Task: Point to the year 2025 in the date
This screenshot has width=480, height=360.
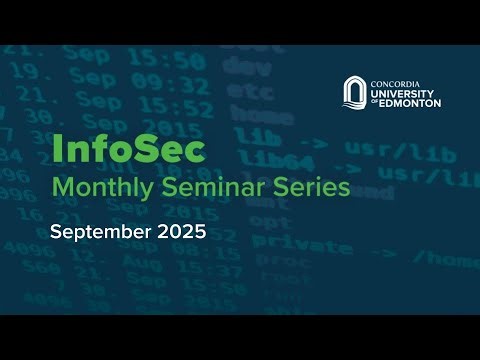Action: coord(180,233)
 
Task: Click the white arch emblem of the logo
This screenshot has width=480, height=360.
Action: coord(355,92)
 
